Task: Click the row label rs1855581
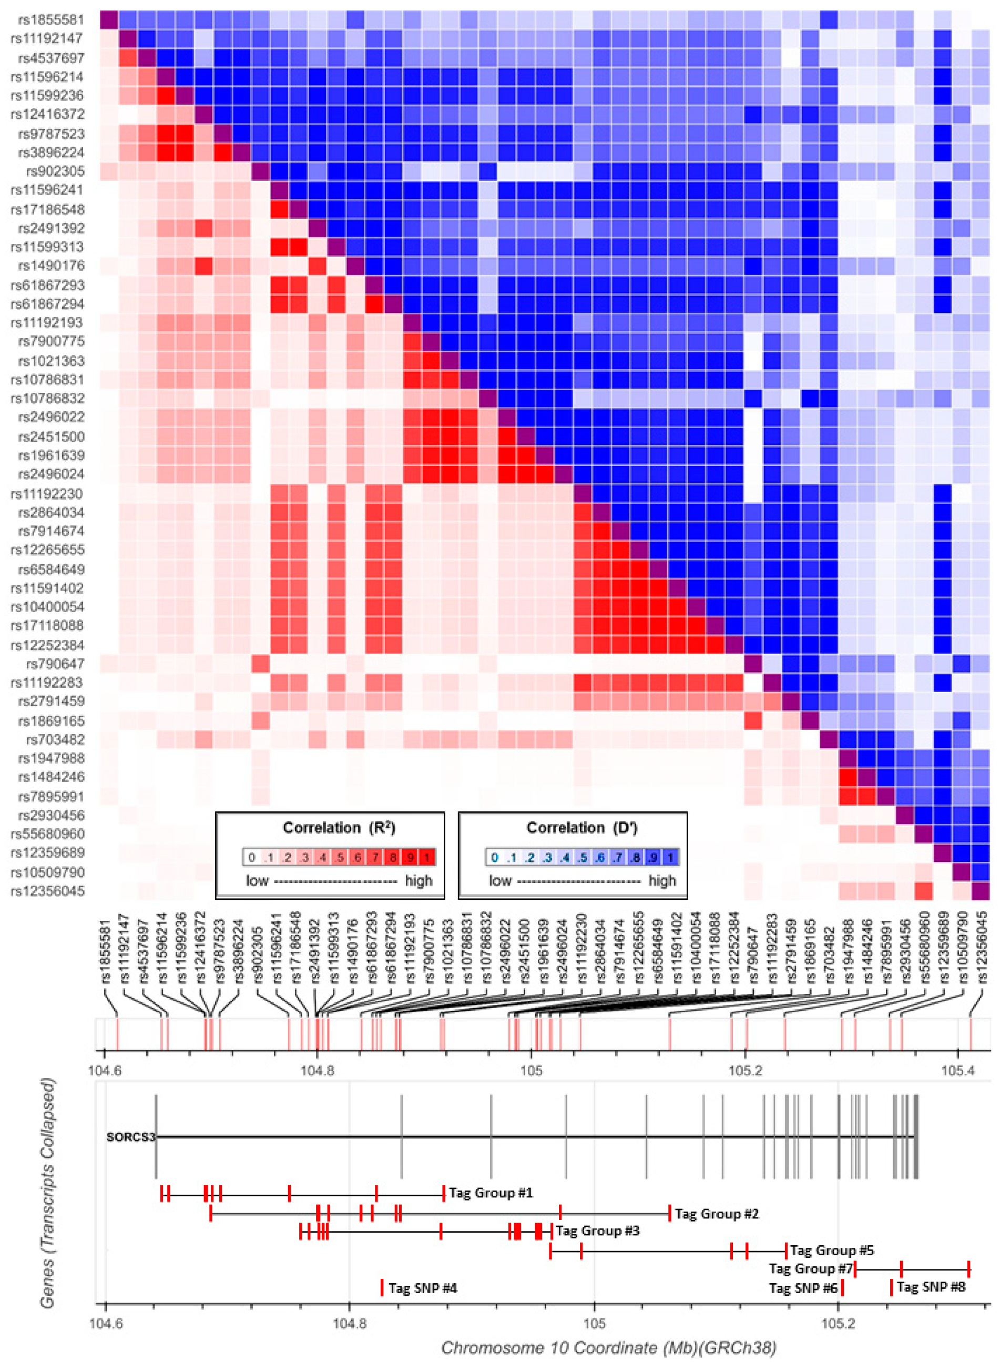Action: point(51,19)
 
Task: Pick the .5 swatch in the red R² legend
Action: point(340,857)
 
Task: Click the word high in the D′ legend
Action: point(661,880)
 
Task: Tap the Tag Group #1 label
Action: point(491,1193)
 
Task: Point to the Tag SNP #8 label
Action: point(931,1286)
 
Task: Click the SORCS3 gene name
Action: point(130,1137)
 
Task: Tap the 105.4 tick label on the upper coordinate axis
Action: point(957,1070)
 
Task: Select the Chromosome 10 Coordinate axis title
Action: point(608,1347)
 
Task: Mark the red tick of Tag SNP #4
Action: point(382,1287)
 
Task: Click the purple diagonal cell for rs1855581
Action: point(109,19)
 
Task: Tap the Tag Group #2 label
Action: point(716,1213)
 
